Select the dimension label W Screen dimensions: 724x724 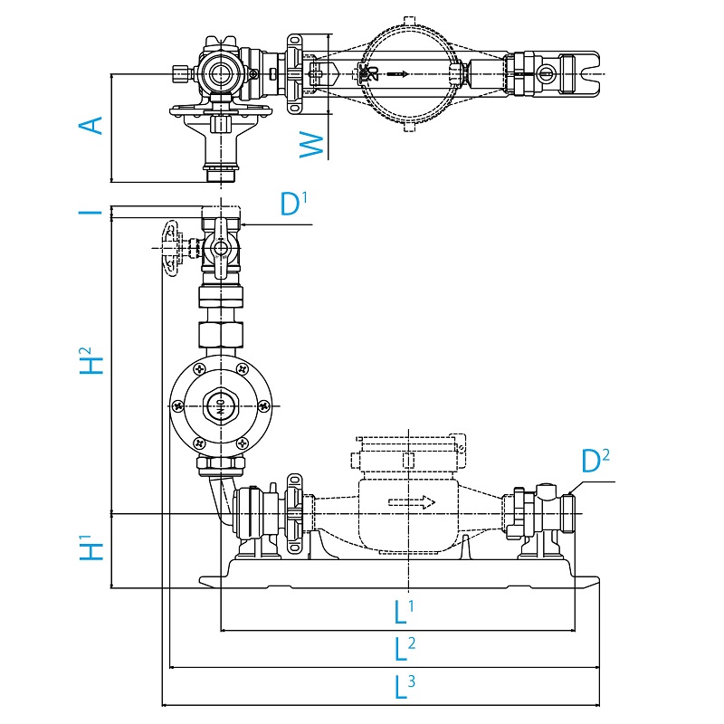click(311, 144)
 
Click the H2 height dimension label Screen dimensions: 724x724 click(90, 361)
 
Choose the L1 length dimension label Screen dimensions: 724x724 click(404, 612)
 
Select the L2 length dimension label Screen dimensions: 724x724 click(404, 649)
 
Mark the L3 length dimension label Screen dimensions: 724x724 click(404, 688)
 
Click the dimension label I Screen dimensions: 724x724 click(90, 213)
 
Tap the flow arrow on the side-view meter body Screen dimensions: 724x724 click(412, 503)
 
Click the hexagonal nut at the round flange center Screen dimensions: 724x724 click(220, 405)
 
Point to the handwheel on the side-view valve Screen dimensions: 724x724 click(168, 246)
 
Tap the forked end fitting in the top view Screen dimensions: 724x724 click(579, 73)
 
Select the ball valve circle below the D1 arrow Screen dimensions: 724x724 click(220, 248)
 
